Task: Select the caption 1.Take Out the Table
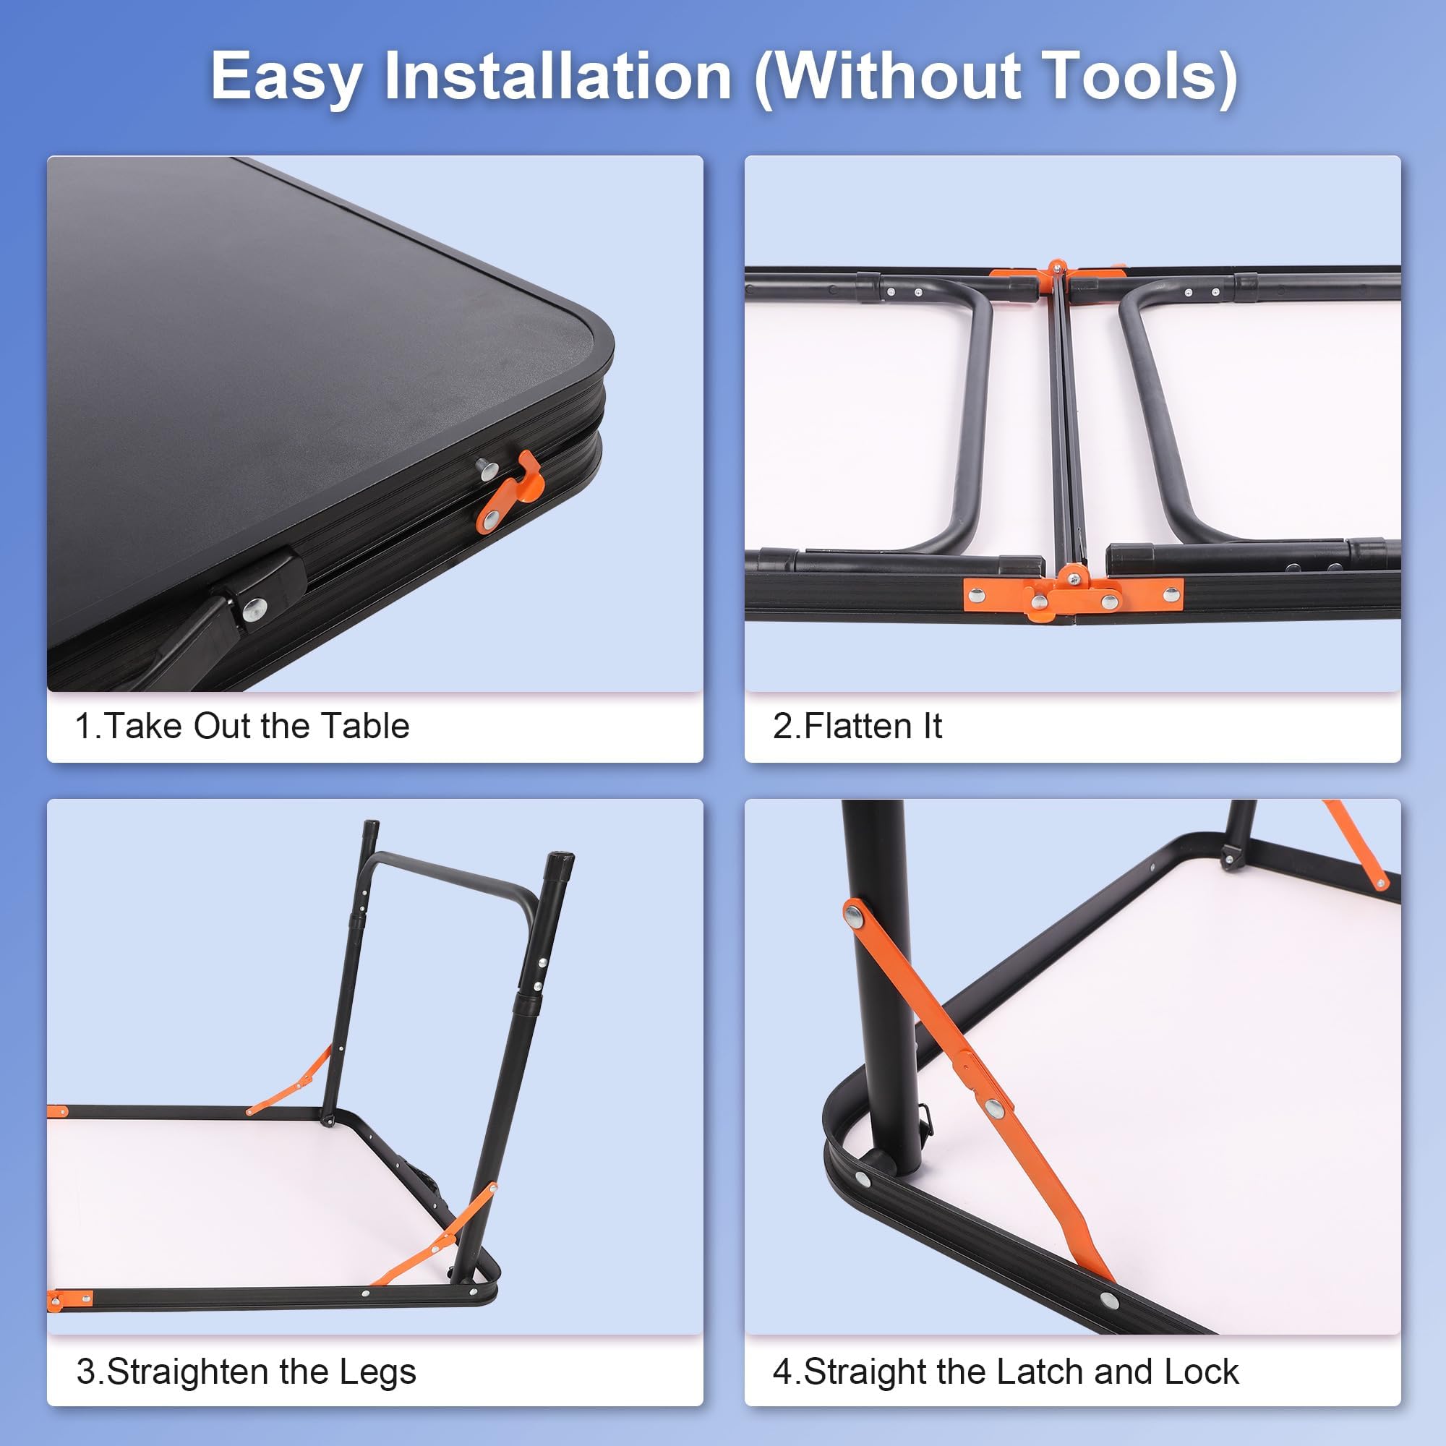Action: click(x=242, y=726)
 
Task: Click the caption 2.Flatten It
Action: click(x=857, y=726)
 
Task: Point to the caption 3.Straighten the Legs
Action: click(x=247, y=1372)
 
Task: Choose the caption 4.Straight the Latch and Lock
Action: click(x=1005, y=1372)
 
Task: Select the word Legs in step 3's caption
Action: click(x=377, y=1372)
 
